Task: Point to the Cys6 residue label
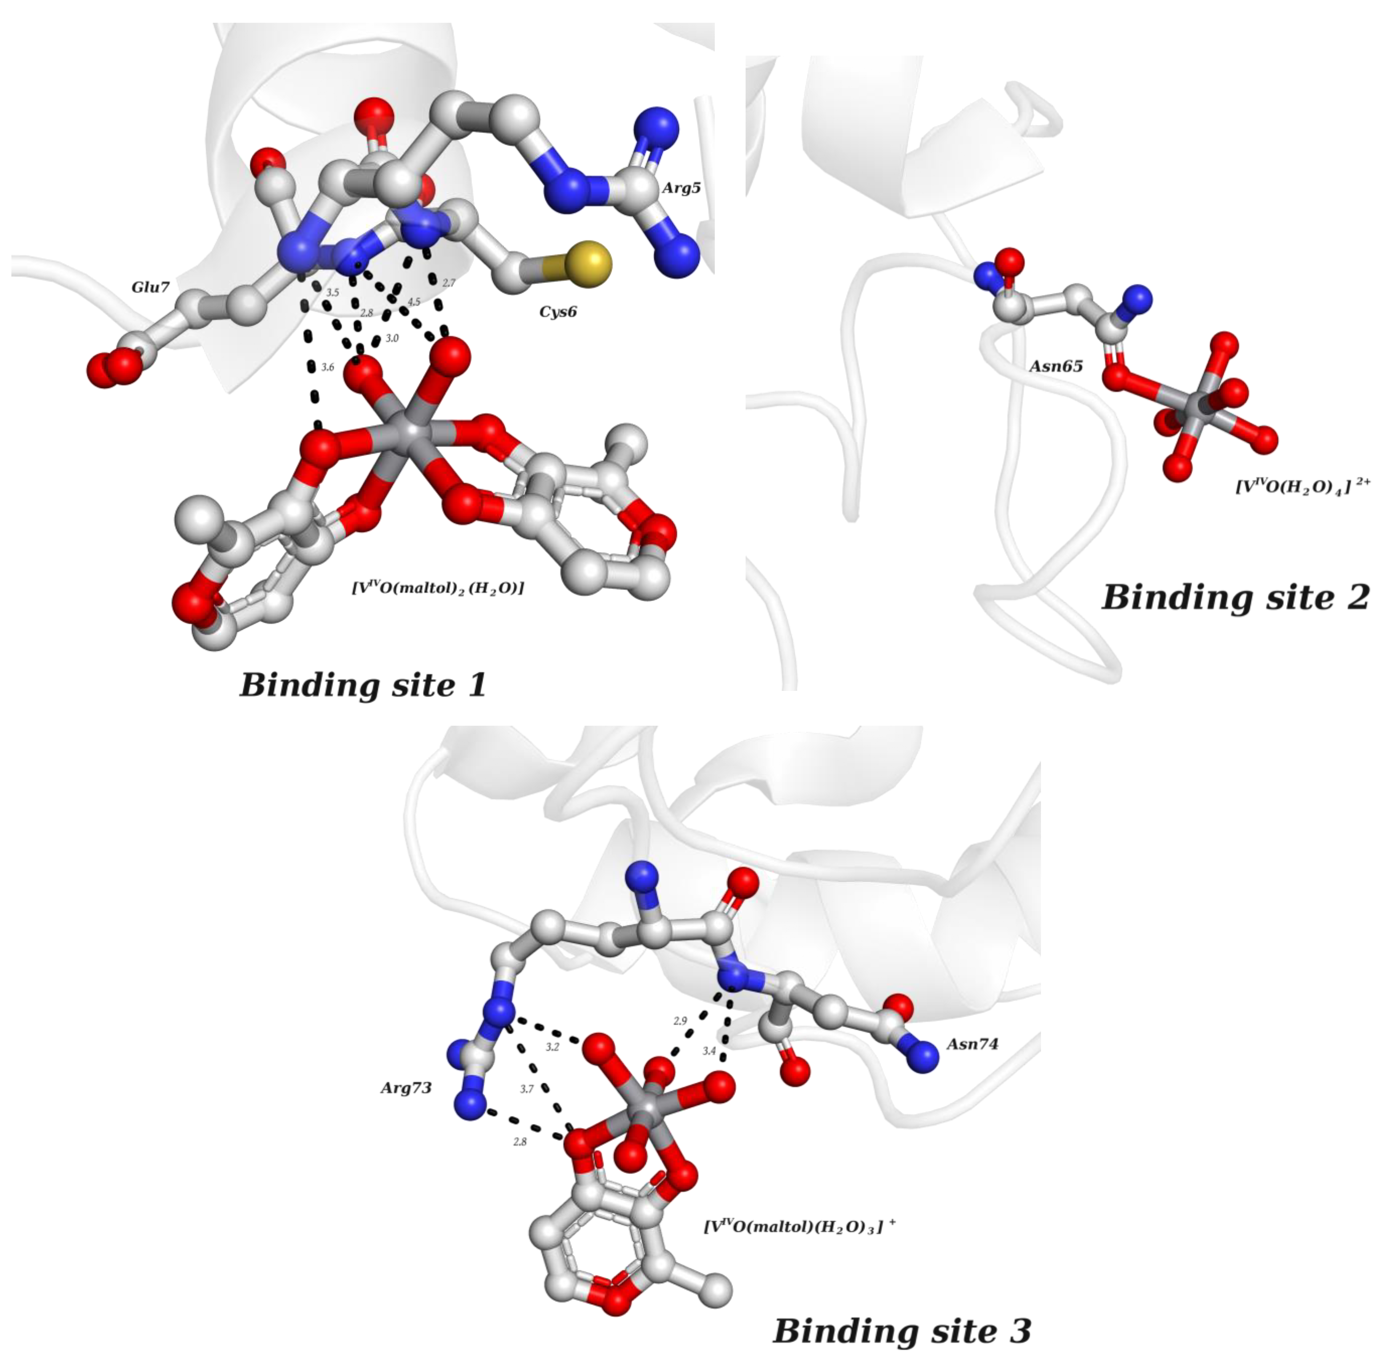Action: point(558,312)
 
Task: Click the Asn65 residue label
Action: point(1055,366)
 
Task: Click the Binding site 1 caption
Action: point(363,685)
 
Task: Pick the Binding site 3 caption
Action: point(903,1331)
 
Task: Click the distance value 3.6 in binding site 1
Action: point(327,367)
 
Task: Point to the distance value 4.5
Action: point(414,302)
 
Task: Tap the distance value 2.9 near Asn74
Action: point(680,1021)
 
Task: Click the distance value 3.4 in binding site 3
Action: point(708,1051)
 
